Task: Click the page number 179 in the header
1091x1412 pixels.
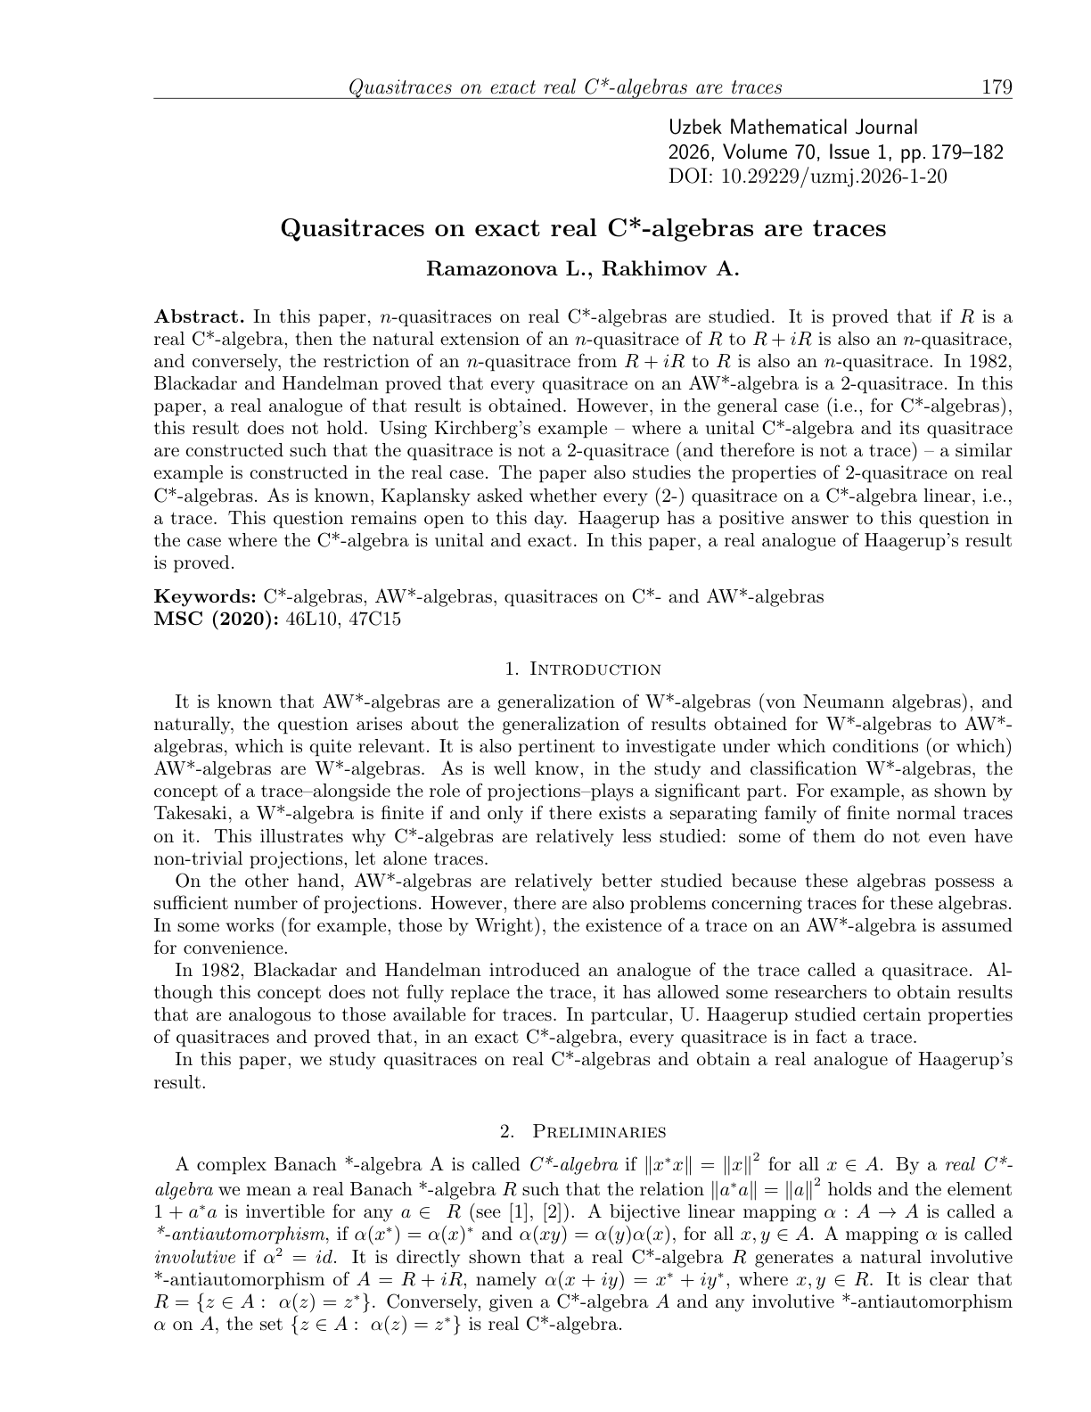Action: (996, 87)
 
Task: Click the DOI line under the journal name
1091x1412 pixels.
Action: (808, 176)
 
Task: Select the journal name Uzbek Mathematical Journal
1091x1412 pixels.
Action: (792, 127)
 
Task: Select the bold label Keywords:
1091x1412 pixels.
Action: (205, 596)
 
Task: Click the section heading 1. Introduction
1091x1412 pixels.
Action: (583, 669)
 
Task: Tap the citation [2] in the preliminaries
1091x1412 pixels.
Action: (554, 1212)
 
